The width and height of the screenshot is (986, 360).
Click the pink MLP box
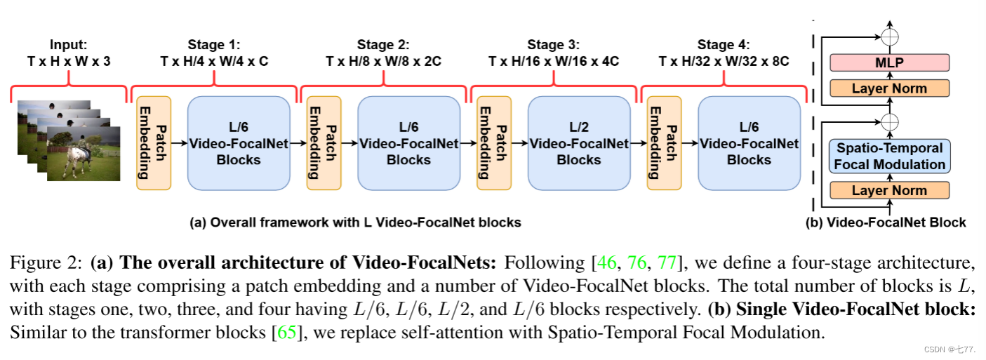(x=889, y=63)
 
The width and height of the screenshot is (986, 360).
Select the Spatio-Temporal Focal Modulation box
(x=889, y=156)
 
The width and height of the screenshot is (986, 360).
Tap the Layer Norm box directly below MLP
(x=889, y=88)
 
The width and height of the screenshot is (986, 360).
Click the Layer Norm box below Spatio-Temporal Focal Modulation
(x=889, y=190)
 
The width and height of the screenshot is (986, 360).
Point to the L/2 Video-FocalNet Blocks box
(x=578, y=143)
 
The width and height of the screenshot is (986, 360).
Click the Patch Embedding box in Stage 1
(x=154, y=143)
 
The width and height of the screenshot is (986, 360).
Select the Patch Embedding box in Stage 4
(x=664, y=143)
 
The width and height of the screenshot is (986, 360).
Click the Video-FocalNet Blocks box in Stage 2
(x=408, y=143)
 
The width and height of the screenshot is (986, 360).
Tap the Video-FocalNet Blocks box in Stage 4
(x=749, y=143)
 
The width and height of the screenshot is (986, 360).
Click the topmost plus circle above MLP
(x=889, y=35)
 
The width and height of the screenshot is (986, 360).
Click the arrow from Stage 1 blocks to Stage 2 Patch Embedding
(x=298, y=143)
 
